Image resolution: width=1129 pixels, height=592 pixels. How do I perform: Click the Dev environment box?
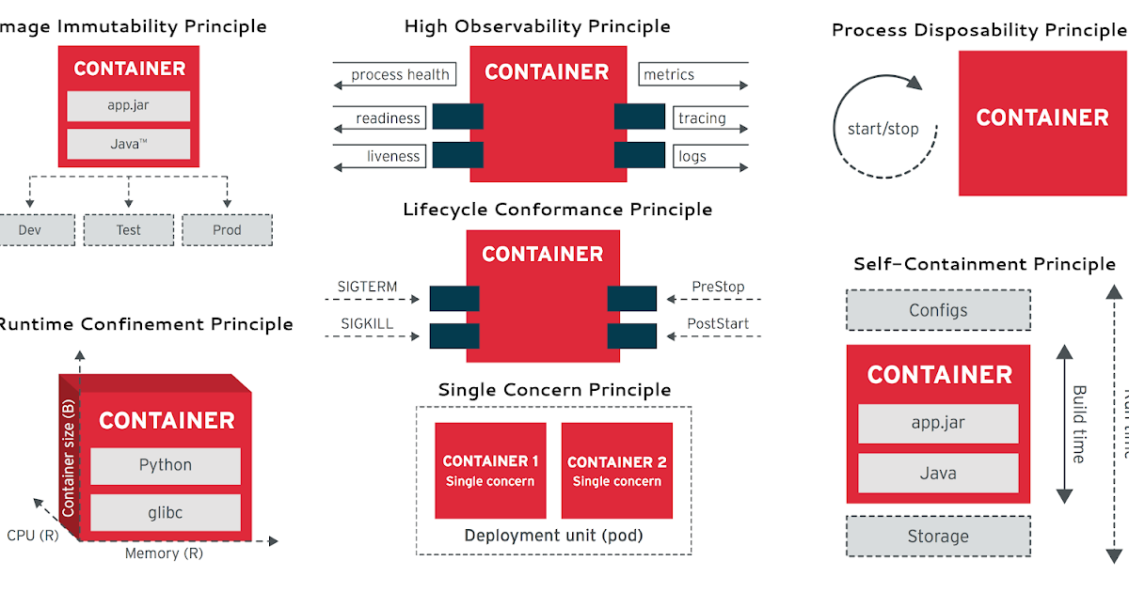click(x=36, y=230)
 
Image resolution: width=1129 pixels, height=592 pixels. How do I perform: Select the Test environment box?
click(x=129, y=230)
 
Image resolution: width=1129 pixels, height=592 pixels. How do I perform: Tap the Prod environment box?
click(x=227, y=230)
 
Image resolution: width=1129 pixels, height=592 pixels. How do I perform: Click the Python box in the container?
click(x=166, y=465)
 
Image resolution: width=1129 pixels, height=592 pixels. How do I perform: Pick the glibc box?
click(x=166, y=512)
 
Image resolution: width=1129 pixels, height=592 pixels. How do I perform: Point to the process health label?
click(x=400, y=75)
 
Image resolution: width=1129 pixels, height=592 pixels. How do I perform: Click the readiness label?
click(x=388, y=118)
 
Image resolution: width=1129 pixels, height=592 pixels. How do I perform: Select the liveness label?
click(x=393, y=156)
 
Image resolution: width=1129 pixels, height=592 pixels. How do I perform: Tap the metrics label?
click(x=669, y=75)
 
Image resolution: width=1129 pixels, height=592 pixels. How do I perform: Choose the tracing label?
click(x=702, y=118)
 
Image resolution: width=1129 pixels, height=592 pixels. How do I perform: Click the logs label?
click(x=692, y=156)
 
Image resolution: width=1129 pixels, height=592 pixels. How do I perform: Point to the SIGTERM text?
click(x=367, y=287)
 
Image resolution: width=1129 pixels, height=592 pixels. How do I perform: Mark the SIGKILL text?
click(x=366, y=324)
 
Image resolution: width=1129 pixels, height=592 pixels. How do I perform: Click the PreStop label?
click(x=718, y=287)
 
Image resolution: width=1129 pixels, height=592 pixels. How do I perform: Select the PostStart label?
click(x=718, y=324)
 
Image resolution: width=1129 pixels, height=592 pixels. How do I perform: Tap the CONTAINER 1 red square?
click(x=490, y=471)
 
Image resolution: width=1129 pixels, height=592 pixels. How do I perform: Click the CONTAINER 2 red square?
click(x=616, y=471)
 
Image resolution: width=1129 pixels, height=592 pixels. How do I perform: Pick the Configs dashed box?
click(x=938, y=310)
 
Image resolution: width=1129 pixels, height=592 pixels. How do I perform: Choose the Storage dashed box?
click(x=938, y=537)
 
